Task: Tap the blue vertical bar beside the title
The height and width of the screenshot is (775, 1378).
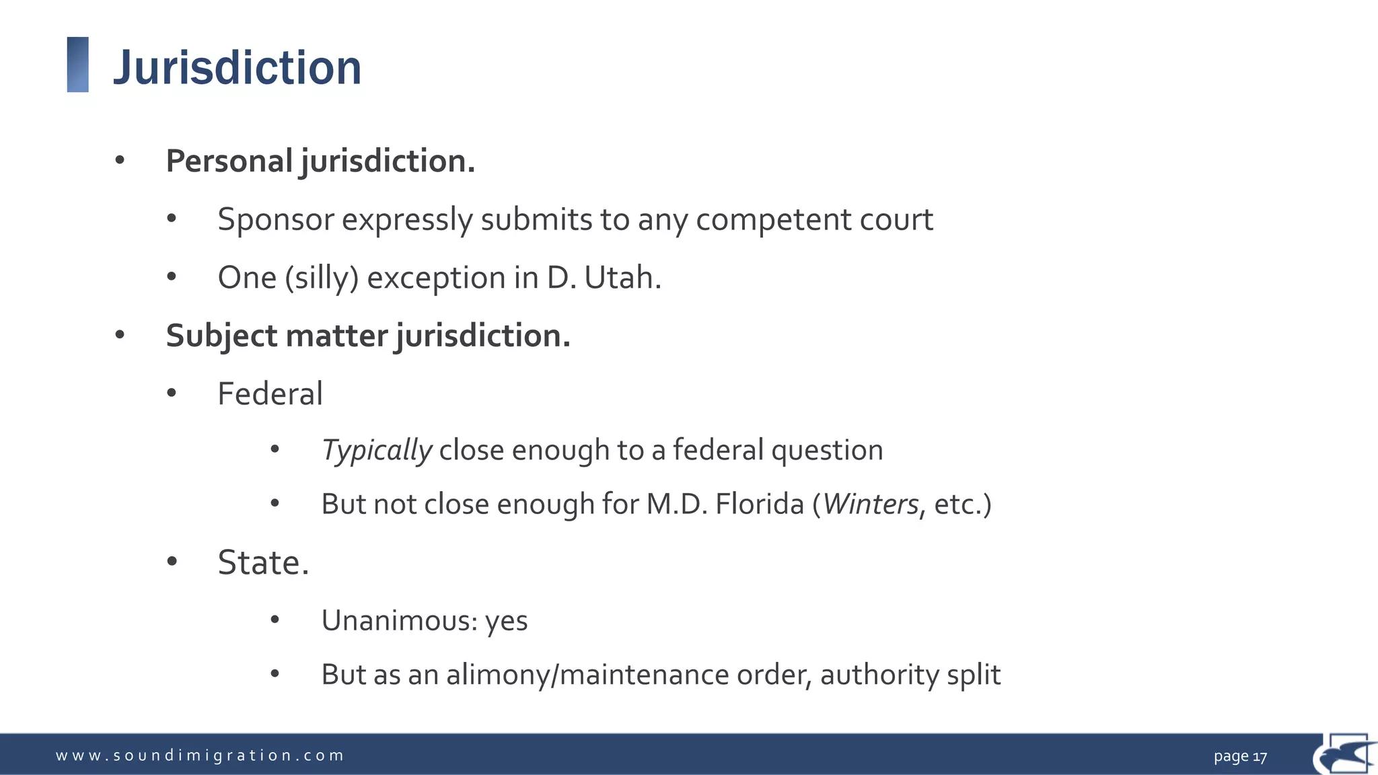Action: pyautogui.click(x=78, y=65)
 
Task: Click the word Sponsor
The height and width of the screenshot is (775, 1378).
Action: pyautogui.click(x=276, y=219)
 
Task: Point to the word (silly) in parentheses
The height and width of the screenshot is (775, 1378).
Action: pyautogui.click(x=322, y=278)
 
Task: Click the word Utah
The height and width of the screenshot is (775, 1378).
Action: pyautogui.click(x=622, y=277)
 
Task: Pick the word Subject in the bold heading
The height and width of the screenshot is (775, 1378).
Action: pyautogui.click(x=220, y=336)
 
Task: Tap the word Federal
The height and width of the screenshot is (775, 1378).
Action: pyautogui.click(x=270, y=394)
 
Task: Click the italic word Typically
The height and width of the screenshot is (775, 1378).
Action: pyautogui.click(x=377, y=450)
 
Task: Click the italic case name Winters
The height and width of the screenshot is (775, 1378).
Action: pyautogui.click(x=871, y=504)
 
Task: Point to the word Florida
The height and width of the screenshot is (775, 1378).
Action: pyautogui.click(x=760, y=504)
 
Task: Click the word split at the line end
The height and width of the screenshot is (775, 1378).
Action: pyautogui.click(x=974, y=675)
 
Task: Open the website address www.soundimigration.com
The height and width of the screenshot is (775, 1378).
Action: pyautogui.click(x=200, y=755)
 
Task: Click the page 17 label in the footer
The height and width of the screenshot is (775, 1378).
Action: pyautogui.click(x=1240, y=756)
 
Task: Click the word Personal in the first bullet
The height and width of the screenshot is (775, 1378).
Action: pyautogui.click(x=229, y=161)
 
